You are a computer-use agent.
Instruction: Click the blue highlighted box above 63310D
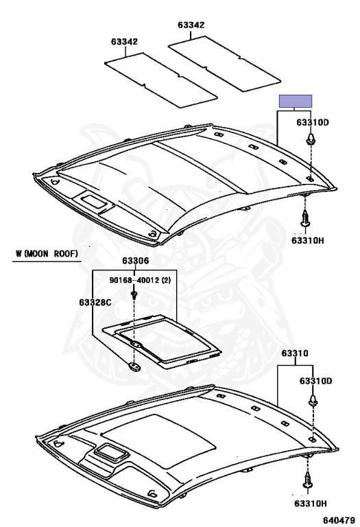click(x=296, y=101)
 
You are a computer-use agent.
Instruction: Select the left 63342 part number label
click(x=124, y=42)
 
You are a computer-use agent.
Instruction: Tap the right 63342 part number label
click(x=191, y=25)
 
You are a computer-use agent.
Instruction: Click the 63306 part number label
click(x=135, y=261)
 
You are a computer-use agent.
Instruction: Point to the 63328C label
click(x=95, y=303)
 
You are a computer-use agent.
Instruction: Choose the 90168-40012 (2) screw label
click(x=140, y=280)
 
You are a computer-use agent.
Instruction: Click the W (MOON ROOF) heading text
click(x=47, y=253)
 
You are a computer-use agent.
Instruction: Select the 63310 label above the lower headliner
click(x=295, y=353)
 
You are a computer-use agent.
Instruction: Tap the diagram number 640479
click(x=339, y=520)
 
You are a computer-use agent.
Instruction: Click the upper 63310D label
click(x=313, y=122)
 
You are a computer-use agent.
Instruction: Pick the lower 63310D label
click(x=315, y=381)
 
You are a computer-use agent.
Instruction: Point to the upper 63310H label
click(x=308, y=241)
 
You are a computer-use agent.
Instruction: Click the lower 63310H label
click(x=311, y=504)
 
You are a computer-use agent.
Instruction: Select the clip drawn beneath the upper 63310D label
click(x=311, y=139)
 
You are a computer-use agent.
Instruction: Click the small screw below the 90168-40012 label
click(x=134, y=296)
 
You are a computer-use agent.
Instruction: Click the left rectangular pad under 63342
click(x=161, y=81)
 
